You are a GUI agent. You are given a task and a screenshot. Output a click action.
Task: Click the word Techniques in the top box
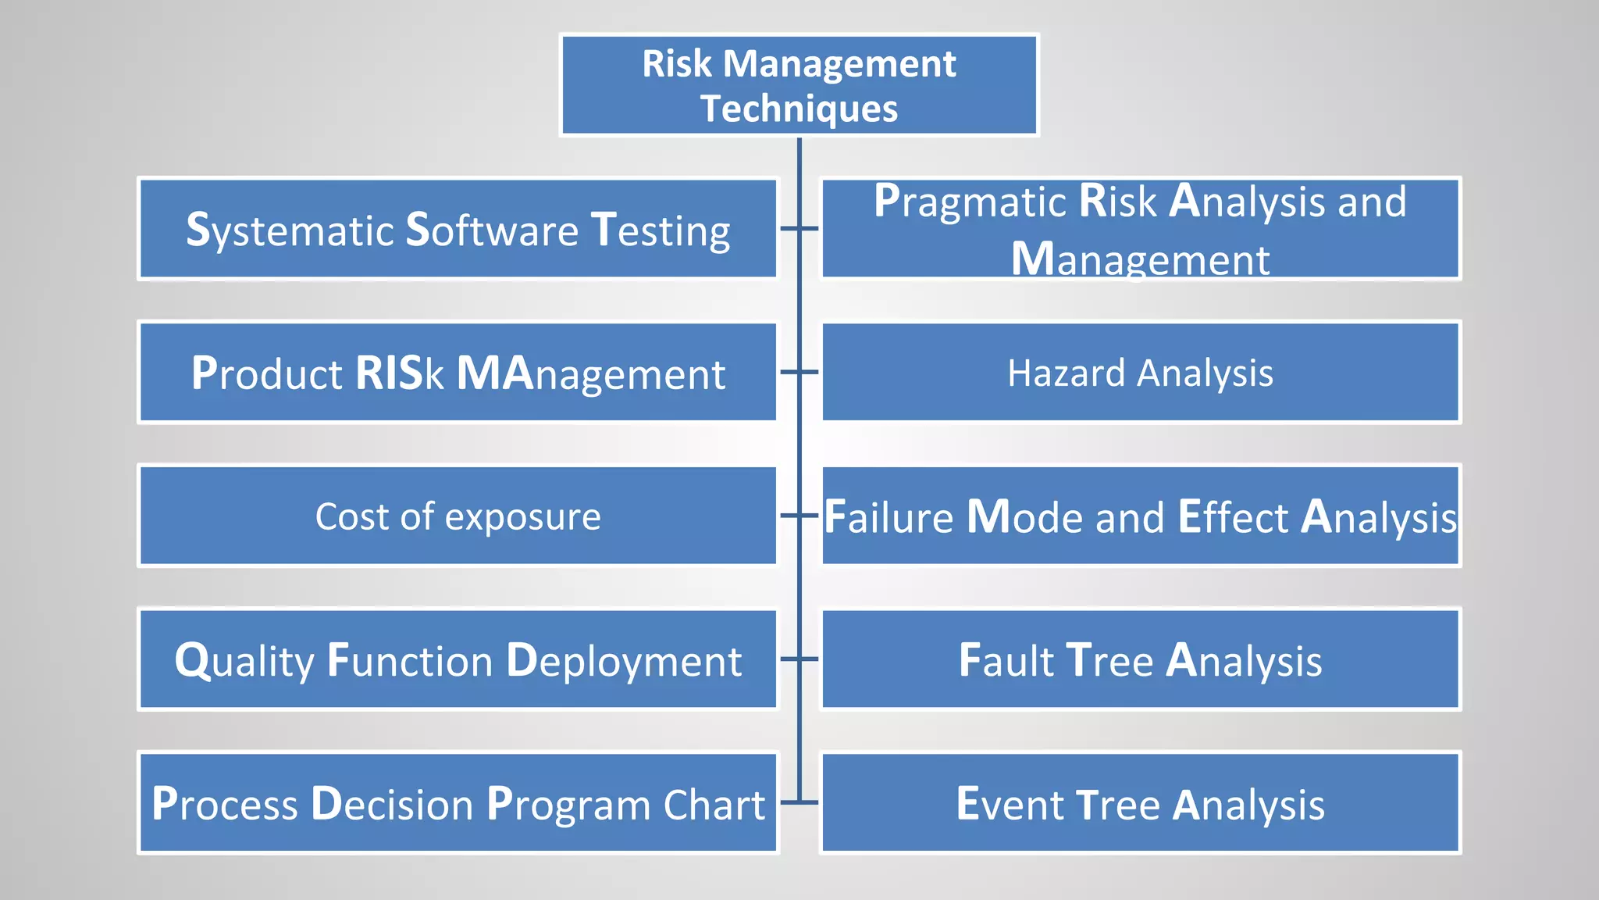click(x=799, y=109)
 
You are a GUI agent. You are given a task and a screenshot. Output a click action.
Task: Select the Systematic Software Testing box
click(x=458, y=229)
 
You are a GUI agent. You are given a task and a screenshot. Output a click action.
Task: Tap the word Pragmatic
click(x=970, y=202)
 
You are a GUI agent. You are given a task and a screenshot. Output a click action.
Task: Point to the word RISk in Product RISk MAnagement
click(x=399, y=373)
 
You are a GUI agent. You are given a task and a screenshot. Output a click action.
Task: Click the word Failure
click(x=889, y=517)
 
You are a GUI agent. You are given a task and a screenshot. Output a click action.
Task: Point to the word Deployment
click(x=623, y=662)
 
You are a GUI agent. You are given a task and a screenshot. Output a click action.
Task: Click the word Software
click(x=492, y=230)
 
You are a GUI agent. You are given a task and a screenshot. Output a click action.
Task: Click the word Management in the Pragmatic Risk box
click(x=1140, y=259)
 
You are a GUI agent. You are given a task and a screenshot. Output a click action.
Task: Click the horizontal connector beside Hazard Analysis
click(x=799, y=372)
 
